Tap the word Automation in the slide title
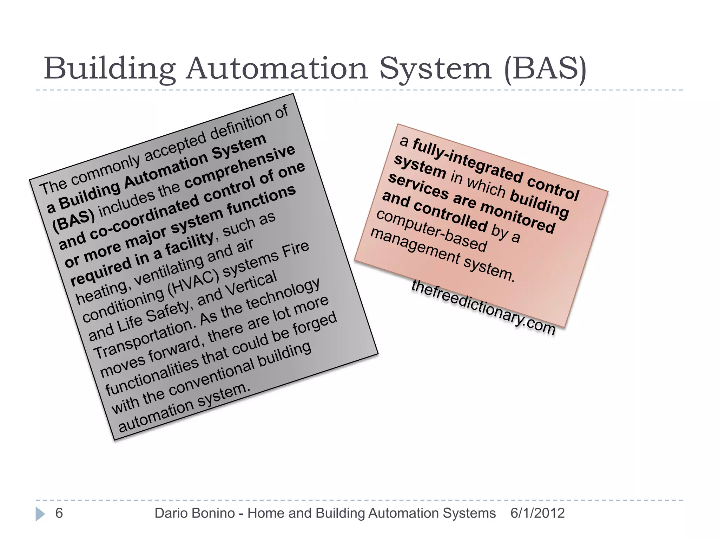(x=277, y=69)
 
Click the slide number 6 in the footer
(x=59, y=513)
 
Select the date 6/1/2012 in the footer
(x=537, y=513)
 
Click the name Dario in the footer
(x=172, y=513)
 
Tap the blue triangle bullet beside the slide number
(x=40, y=514)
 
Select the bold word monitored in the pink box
(x=517, y=218)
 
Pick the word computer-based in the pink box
(x=432, y=231)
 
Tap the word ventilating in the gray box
(x=169, y=271)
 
